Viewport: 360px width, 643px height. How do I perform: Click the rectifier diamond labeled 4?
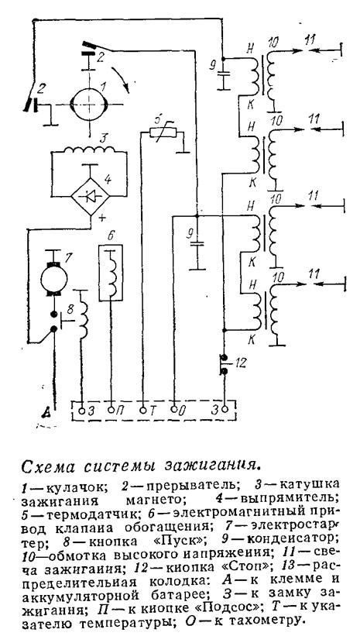(x=91, y=196)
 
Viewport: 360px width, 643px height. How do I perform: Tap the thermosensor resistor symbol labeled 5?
(x=163, y=132)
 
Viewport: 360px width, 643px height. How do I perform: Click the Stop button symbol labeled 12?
(x=224, y=363)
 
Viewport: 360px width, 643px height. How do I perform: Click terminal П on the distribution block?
(x=111, y=409)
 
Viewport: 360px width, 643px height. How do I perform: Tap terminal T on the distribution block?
(x=143, y=409)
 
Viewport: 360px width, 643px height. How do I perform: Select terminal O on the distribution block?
(x=174, y=409)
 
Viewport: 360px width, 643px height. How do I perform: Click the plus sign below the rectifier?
(x=100, y=218)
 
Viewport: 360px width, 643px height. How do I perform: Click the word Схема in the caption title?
(x=46, y=466)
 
